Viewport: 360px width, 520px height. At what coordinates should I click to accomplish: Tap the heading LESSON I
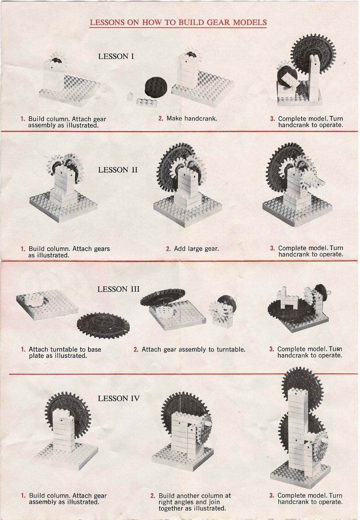coord(116,56)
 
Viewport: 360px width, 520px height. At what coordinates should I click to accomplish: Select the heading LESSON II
coord(118,170)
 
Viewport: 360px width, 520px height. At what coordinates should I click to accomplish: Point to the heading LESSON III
coord(119,289)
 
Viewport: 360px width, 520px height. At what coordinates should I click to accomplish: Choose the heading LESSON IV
coord(119,399)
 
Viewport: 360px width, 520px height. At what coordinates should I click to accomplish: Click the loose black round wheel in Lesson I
coord(156,87)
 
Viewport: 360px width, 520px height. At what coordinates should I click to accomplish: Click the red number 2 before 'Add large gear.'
coord(168,249)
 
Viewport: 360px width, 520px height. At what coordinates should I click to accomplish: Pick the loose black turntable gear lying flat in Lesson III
coord(103,325)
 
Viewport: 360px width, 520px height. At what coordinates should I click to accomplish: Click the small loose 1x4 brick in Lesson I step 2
coord(146,102)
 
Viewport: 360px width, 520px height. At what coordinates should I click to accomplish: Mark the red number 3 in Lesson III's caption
coord(271,349)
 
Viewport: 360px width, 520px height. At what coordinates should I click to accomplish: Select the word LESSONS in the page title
coord(107,22)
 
